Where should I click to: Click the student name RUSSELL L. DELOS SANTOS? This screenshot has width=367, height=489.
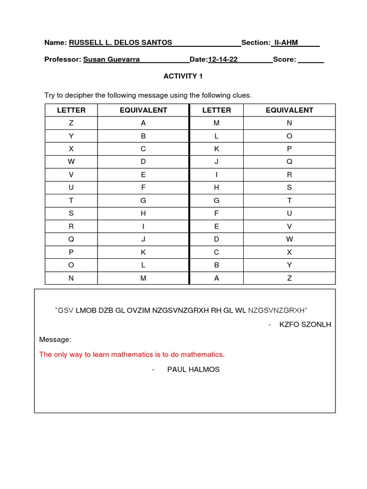[120, 43]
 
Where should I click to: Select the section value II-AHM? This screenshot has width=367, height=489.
[285, 43]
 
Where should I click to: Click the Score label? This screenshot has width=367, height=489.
[284, 60]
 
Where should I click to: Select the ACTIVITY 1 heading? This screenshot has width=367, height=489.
[180, 76]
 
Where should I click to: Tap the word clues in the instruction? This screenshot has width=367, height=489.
[240, 95]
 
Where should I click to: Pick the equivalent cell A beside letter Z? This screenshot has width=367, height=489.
[143, 123]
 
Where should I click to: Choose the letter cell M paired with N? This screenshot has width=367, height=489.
[216, 123]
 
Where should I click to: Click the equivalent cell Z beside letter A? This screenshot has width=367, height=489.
[289, 278]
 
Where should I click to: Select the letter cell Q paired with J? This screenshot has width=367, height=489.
[71, 239]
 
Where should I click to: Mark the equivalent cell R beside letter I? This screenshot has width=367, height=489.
[289, 175]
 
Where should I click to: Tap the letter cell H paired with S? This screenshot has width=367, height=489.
[216, 188]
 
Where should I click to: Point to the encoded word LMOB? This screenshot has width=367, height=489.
[86, 310]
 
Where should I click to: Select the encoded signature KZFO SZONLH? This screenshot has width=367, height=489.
[305, 325]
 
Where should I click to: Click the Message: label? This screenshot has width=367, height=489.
[55, 340]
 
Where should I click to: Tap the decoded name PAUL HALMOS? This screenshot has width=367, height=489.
[193, 369]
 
